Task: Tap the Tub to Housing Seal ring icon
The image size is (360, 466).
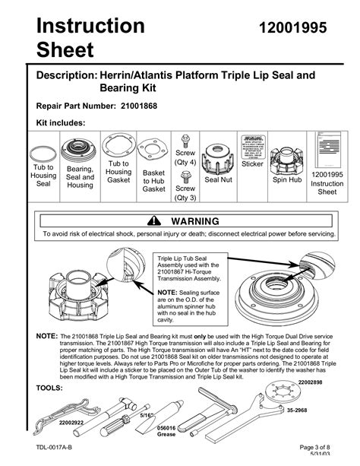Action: tap(43, 149)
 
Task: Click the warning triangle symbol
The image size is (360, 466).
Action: tap(155, 221)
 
